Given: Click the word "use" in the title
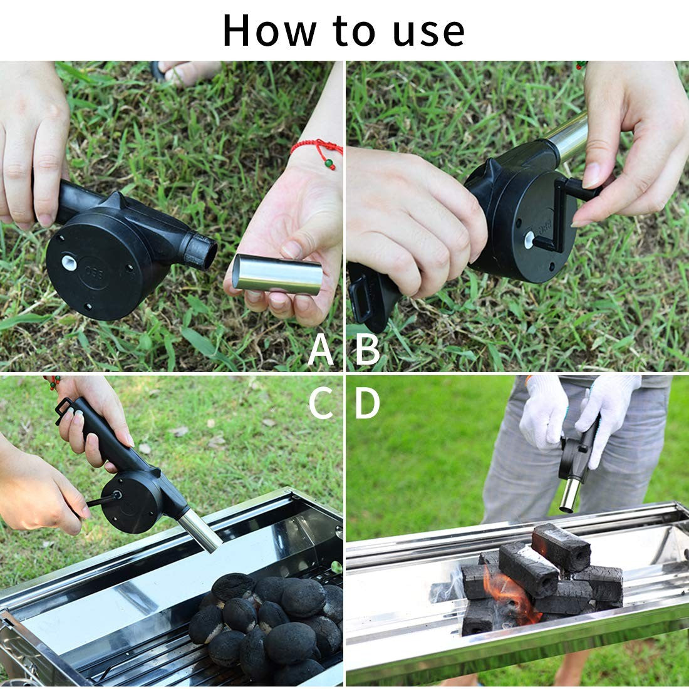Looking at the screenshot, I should coord(430,30).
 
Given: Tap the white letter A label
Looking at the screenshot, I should coord(321,350).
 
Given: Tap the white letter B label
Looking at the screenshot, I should coord(368,350).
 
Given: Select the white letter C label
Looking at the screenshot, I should coord(321,404).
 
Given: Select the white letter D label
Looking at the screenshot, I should coord(368,404).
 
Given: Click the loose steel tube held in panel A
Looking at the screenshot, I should coord(277,273).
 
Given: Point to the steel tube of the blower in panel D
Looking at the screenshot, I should coord(569,492).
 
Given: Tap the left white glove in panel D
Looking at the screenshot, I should coord(543,411).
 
